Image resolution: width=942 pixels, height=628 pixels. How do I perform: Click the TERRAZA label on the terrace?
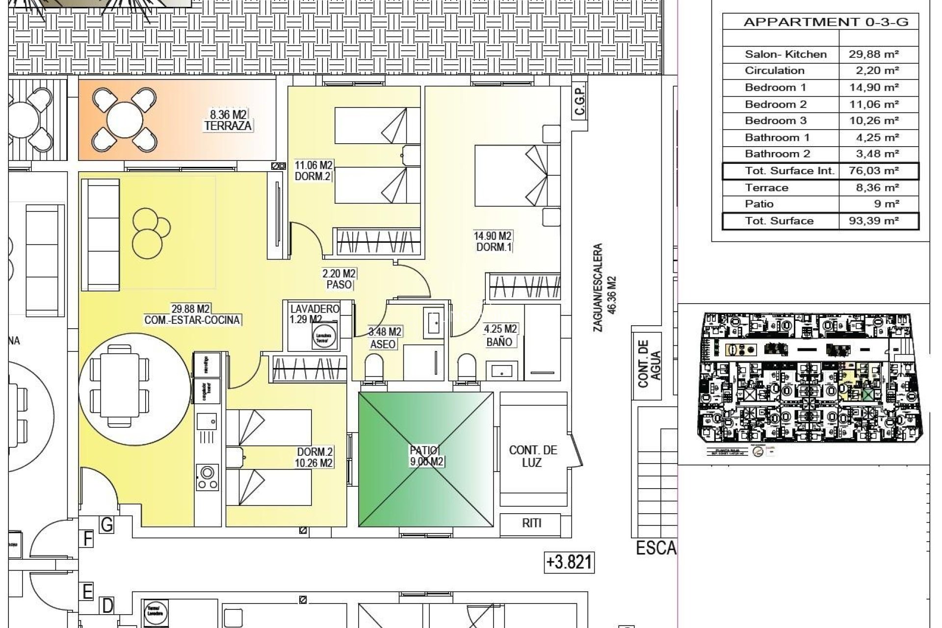coord(228,126)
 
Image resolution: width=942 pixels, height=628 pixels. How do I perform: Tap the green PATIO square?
coord(426,459)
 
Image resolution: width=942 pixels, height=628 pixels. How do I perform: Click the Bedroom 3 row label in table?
coord(775,121)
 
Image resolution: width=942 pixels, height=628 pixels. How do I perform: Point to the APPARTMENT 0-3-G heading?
coord(826,22)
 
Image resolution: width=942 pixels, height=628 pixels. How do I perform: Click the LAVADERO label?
coord(314,309)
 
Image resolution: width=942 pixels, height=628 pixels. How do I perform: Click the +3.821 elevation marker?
coord(570,562)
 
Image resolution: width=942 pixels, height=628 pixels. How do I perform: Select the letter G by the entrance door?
coord(106,525)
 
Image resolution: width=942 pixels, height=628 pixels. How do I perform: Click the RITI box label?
coord(531,523)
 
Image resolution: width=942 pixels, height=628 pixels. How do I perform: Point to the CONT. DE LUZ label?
coord(533,456)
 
